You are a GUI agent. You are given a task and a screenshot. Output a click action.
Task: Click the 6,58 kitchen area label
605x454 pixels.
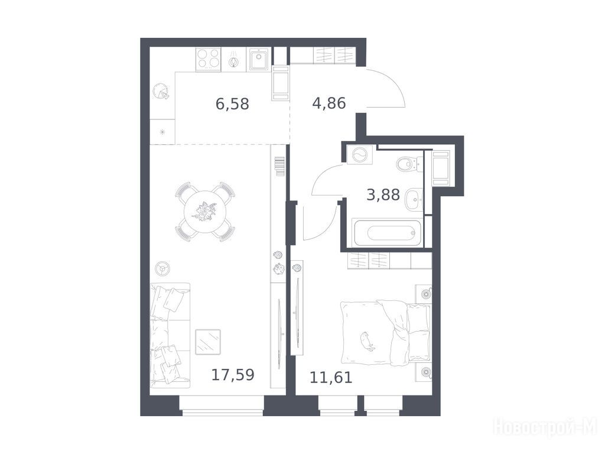232,104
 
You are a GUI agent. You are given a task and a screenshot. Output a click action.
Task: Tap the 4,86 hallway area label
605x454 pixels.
328,103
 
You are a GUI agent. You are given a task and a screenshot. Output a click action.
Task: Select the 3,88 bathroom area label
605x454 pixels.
383,194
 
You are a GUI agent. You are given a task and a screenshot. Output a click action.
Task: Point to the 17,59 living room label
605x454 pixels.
233,374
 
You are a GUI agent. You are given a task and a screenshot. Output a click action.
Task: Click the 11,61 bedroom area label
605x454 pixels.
331,377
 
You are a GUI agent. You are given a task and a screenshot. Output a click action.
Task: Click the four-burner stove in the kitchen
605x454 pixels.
209,60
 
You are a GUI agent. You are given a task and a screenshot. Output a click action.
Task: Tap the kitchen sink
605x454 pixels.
259,60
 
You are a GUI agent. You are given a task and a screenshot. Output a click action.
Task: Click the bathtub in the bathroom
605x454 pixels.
388,232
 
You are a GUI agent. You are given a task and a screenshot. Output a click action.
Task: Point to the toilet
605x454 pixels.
406,164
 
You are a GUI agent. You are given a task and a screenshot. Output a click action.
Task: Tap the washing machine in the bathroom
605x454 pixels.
360,155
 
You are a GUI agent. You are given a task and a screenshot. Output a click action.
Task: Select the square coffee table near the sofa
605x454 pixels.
208,342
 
